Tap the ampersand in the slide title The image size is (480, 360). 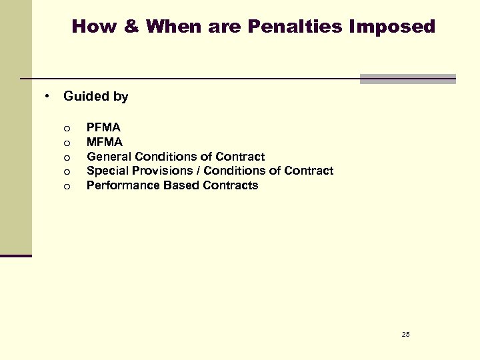coord(129,27)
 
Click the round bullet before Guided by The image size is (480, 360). coord(48,96)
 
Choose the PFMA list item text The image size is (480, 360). coord(103,127)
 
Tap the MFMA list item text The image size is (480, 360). coord(105,142)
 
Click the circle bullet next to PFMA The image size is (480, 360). coord(67,128)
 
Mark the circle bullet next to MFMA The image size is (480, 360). coord(67,143)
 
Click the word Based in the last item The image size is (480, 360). coord(172,185)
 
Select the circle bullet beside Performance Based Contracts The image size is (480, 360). coord(67,186)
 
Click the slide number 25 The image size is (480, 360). coord(405,333)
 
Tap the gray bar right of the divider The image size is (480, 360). coord(407,79)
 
